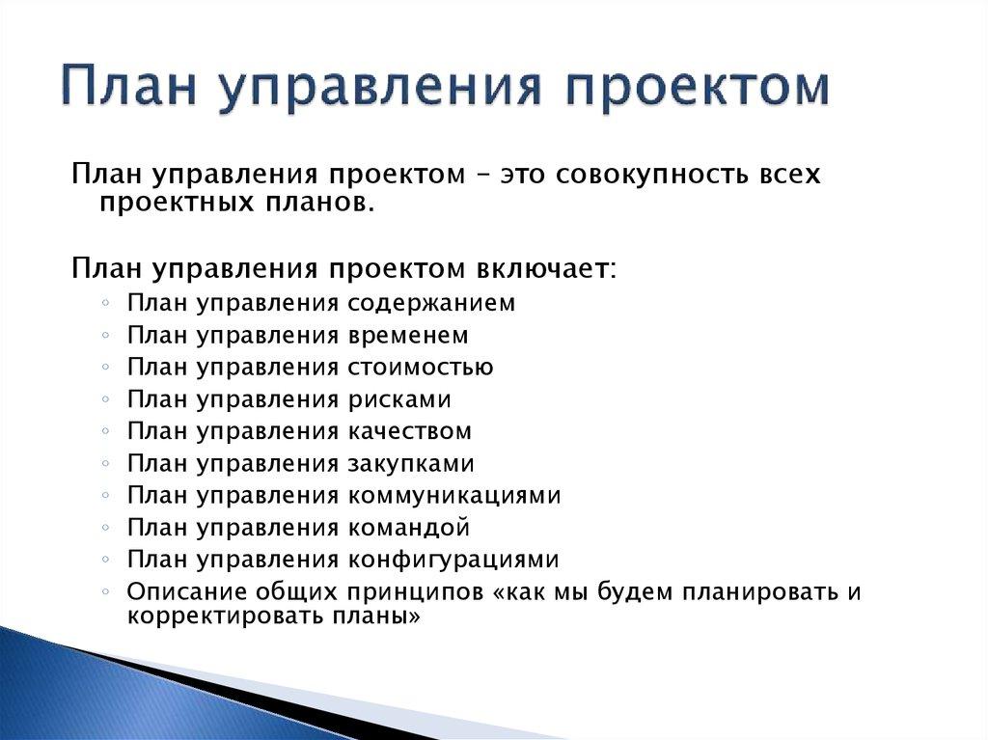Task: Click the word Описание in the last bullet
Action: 185,592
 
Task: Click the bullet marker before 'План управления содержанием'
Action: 104,304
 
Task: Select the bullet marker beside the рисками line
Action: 104,400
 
